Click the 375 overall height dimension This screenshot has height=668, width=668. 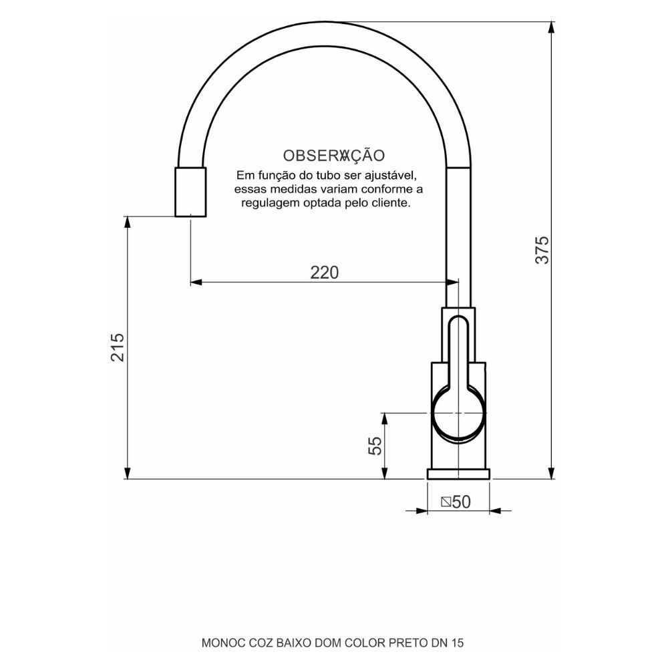542,249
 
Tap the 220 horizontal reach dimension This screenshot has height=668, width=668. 325,273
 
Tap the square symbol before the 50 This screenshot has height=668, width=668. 446,502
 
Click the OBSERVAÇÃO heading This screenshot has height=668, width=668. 334,156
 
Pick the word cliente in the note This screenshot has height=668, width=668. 389,202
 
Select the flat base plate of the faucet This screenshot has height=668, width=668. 459,474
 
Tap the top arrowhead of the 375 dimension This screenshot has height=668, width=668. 551,25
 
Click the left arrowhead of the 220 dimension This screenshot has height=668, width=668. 196,283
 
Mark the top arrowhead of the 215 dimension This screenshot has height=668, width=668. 127,221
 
